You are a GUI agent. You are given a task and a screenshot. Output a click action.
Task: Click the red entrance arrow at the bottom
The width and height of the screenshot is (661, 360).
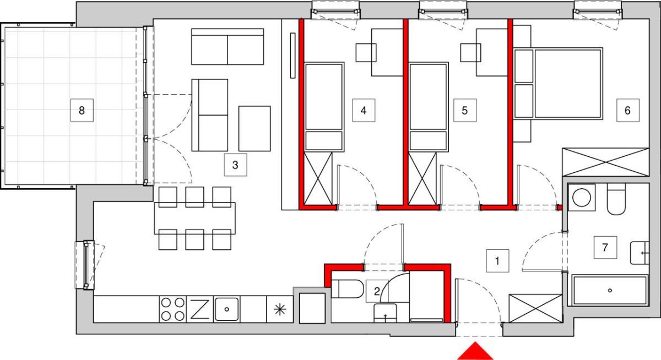[x=475, y=351]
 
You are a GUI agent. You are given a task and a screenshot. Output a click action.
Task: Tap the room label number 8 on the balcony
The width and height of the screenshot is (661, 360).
[x=82, y=111]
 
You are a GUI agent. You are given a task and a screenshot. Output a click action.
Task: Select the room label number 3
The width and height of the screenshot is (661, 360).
[x=235, y=165]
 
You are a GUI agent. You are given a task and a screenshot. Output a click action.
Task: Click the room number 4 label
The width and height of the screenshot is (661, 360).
[x=364, y=111]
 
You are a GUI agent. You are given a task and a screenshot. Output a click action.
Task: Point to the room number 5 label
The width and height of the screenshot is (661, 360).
[x=465, y=111]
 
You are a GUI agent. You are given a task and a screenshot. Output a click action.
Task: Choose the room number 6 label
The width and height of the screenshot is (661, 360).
[x=627, y=111]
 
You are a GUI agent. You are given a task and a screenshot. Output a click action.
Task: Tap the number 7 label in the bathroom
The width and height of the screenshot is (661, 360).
[x=605, y=247]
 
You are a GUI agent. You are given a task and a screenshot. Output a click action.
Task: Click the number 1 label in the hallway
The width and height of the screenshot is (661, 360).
[x=497, y=261]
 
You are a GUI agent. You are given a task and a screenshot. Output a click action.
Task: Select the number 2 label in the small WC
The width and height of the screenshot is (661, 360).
[x=377, y=291]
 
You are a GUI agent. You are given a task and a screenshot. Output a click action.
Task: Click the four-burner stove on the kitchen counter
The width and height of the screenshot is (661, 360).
[x=172, y=309]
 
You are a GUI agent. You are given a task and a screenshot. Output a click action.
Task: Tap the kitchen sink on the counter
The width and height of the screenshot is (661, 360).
[x=226, y=309]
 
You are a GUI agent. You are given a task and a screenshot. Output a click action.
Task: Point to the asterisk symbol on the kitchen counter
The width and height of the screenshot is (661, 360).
[x=280, y=309]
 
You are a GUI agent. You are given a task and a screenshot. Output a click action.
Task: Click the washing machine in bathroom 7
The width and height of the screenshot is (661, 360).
[x=582, y=197]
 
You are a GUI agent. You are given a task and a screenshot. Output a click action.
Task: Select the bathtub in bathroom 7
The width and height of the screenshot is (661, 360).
[x=610, y=291]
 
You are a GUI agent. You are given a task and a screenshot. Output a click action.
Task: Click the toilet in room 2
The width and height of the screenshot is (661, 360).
[x=348, y=288]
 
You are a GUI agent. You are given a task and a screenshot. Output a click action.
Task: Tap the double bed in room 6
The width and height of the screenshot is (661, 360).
[x=558, y=84]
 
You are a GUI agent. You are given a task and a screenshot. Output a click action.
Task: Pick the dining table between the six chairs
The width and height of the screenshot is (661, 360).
[x=195, y=218]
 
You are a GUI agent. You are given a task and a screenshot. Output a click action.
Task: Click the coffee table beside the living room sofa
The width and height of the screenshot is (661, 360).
[x=254, y=129]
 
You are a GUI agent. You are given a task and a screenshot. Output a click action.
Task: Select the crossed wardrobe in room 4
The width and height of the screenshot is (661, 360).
[x=318, y=178]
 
